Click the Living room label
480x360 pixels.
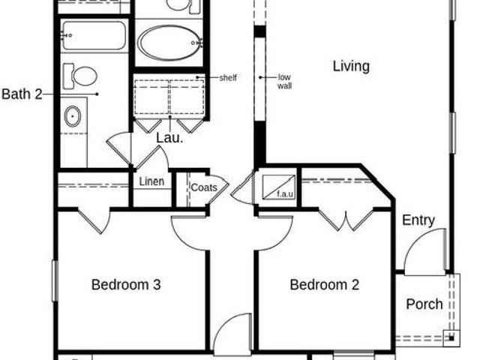coord(351,67)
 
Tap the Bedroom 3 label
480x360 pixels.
coord(126,285)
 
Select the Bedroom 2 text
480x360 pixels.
coord(324,285)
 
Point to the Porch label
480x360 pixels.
coord(424,304)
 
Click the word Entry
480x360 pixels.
coord(418,220)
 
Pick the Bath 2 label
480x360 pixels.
coord(22,94)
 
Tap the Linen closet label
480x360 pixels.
coord(151,181)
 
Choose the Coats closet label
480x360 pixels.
coord(204,187)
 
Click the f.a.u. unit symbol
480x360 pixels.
coord(279,187)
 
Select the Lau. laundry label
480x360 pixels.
coord(169,138)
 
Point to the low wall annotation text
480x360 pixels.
coord(284,82)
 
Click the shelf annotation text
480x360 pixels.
coord(228,78)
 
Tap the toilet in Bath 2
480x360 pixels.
coord(80,76)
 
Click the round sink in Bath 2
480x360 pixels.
coord(73,116)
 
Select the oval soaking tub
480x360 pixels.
coord(169,43)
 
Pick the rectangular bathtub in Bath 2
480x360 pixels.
coord(93,35)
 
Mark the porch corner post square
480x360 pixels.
coord(451,338)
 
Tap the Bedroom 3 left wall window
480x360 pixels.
coord(55,280)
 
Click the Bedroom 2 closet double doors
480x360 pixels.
coord(346,220)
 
